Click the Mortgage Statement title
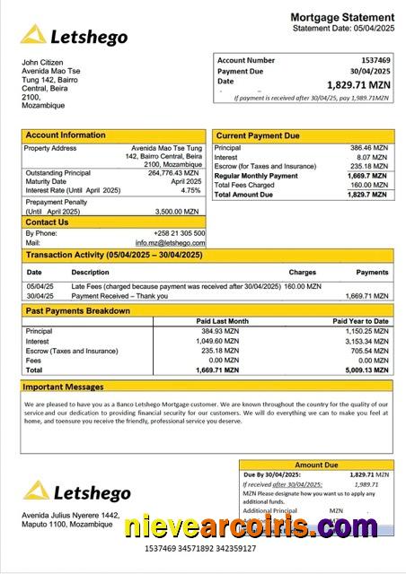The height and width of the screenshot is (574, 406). point(341,17)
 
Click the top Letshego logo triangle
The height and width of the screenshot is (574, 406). point(34,35)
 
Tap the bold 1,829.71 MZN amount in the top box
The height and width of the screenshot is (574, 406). point(358,84)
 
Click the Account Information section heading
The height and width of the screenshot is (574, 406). point(65,135)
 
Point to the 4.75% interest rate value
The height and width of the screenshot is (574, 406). point(190,190)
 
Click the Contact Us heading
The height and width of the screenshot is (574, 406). point(47,222)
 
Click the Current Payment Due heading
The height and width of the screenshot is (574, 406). point(258,136)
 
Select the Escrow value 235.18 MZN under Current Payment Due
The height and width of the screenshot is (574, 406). point(368,166)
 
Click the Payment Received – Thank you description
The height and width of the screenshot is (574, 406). point(119,295)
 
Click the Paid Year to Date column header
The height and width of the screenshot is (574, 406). point(360,321)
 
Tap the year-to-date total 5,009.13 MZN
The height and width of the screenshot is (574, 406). point(366,370)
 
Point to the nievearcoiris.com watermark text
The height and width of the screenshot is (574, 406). point(252,526)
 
